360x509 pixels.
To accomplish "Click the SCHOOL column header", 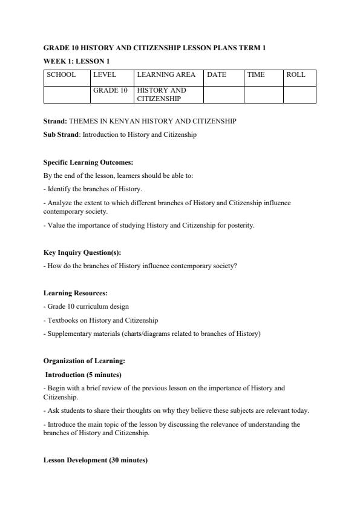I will pyautogui.click(x=61, y=75).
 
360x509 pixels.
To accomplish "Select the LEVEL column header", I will pyautogui.click(x=104, y=75).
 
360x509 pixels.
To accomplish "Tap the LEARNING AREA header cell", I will pyautogui.click(x=166, y=75).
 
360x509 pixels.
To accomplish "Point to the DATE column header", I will pyautogui.click(x=216, y=75).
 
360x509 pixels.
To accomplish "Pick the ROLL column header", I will pyautogui.click(x=296, y=75).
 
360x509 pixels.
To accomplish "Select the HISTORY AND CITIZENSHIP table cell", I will pyautogui.click(x=162, y=94).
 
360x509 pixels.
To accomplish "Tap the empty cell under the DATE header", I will pyautogui.click(x=223, y=94).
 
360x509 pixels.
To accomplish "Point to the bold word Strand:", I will pyautogui.click(x=55, y=121).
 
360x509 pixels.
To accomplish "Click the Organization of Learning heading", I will pyautogui.click(x=84, y=361).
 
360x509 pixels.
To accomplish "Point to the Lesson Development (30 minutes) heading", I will pyautogui.click(x=96, y=461).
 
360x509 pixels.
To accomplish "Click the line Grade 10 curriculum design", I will pyautogui.click(x=87, y=306).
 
